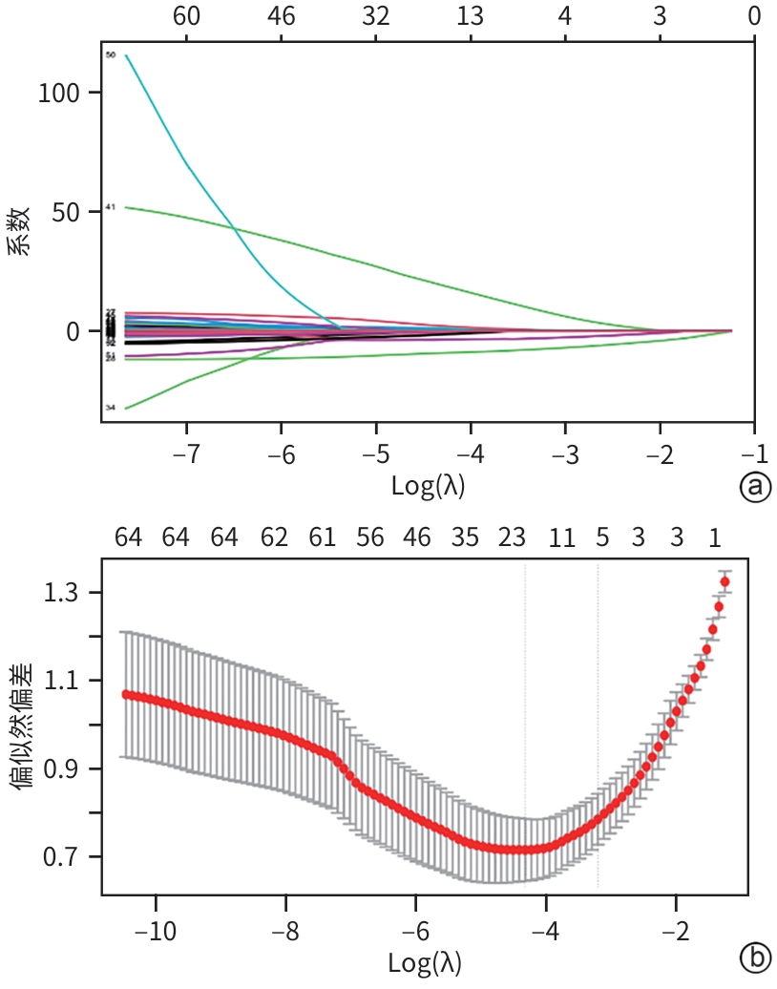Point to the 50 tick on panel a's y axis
[67, 212]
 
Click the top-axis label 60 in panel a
[186, 16]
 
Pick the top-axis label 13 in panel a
[470, 16]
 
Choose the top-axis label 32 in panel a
[376, 16]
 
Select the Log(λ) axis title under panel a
[429, 486]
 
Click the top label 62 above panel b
[274, 538]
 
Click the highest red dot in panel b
[725, 581]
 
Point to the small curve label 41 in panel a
[111, 206]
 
